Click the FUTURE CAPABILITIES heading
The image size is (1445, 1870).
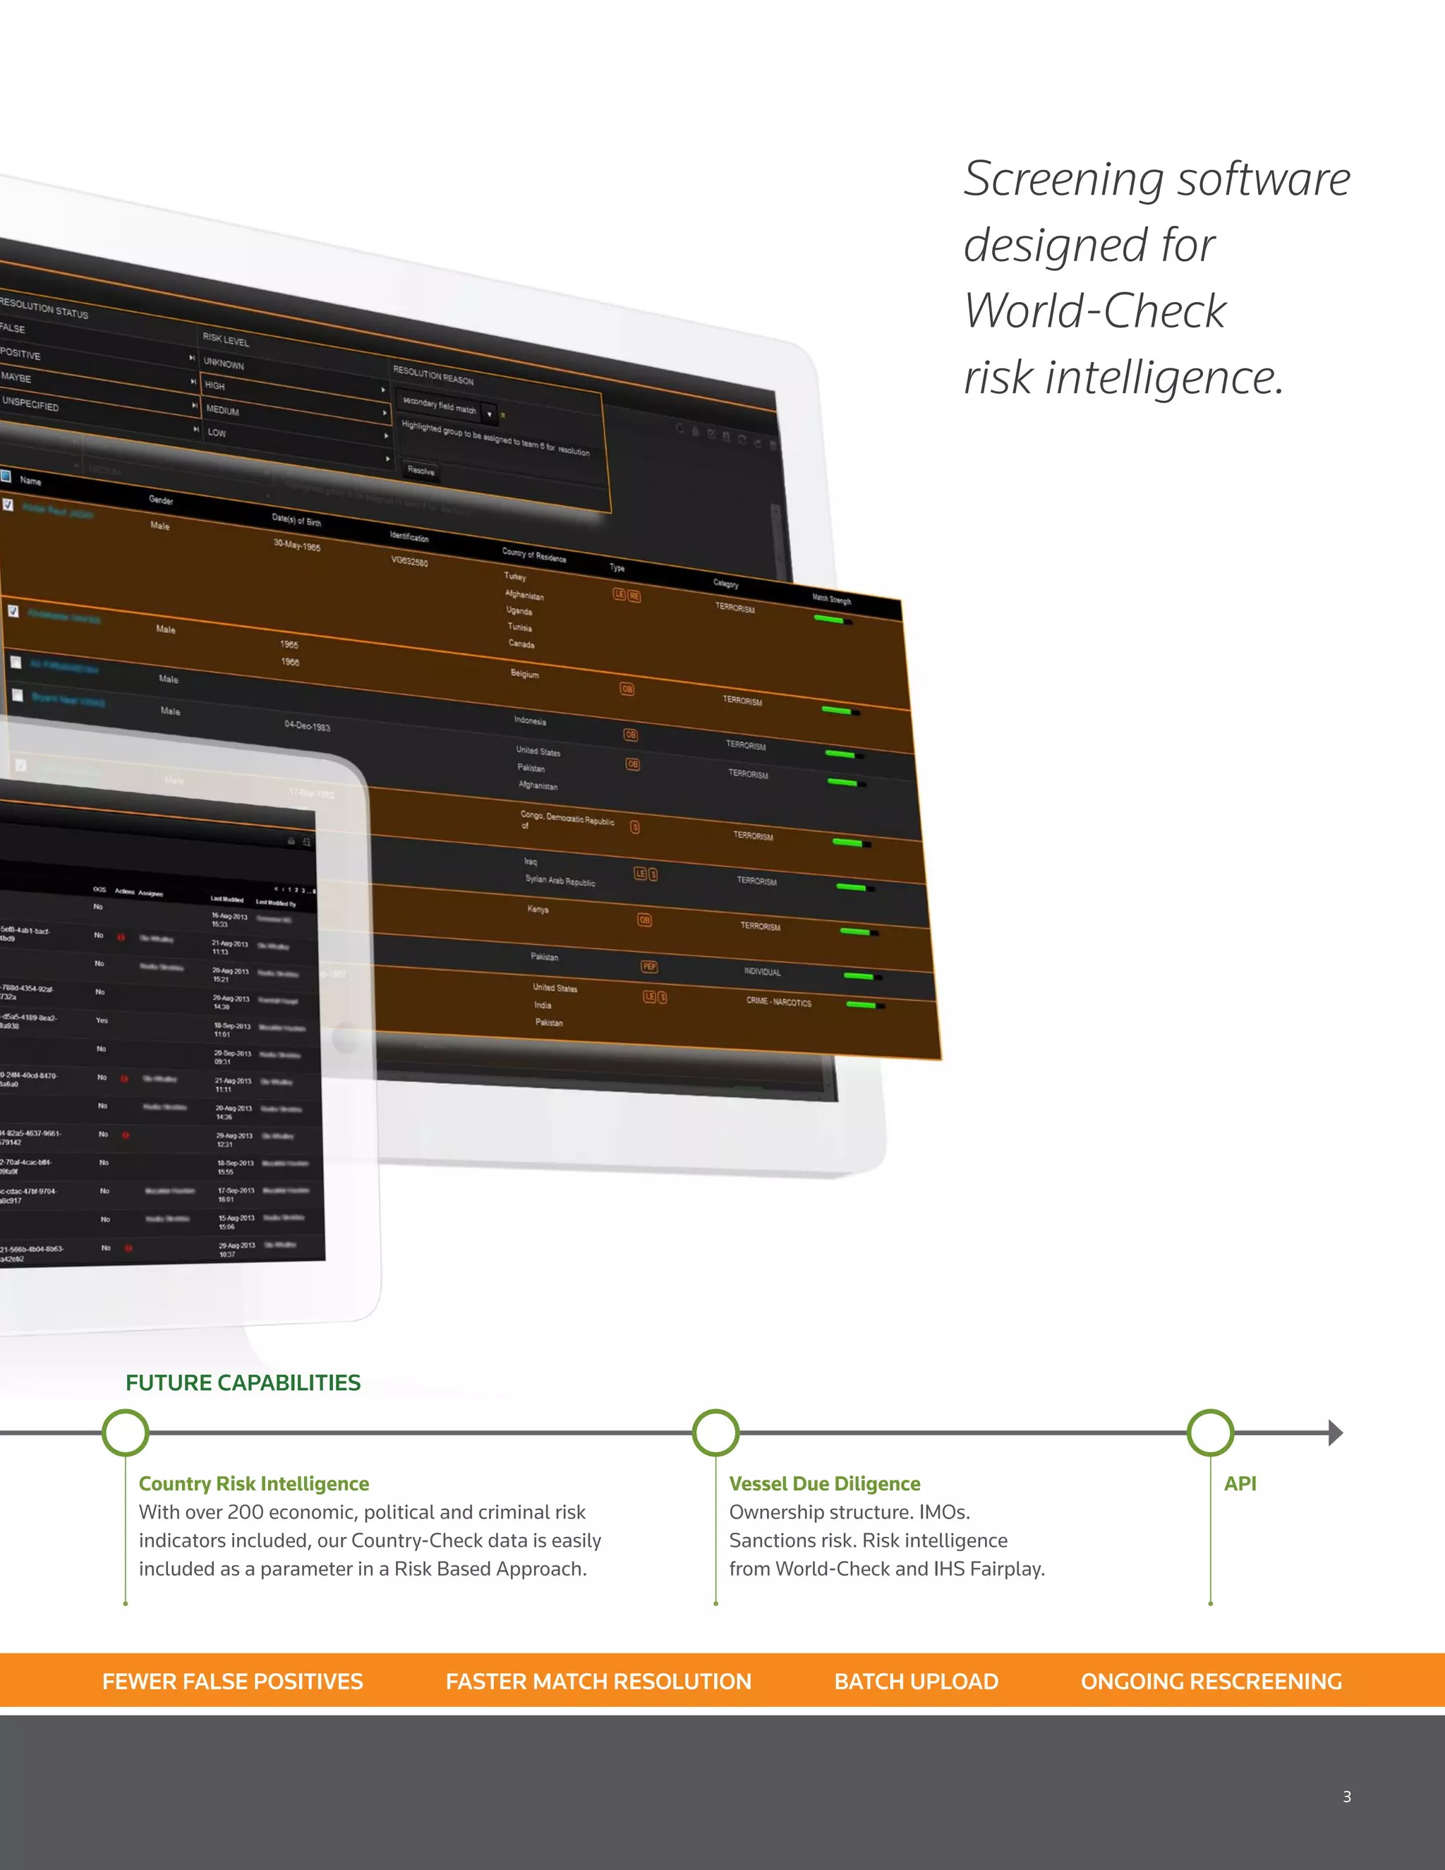(243, 1383)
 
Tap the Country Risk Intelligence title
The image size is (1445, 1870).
(254, 1484)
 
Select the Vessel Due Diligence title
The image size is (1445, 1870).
(824, 1484)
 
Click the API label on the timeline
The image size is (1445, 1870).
(1240, 1484)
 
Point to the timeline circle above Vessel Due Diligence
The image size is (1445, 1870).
(715, 1432)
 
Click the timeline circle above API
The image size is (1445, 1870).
(1211, 1432)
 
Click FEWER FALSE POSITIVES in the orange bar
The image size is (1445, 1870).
(233, 1682)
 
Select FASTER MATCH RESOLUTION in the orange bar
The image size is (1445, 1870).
(598, 1682)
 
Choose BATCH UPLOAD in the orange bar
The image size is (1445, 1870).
(916, 1682)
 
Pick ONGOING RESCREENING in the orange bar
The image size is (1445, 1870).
(1211, 1682)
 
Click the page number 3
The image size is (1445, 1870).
(1346, 1797)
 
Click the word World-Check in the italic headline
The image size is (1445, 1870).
(1095, 310)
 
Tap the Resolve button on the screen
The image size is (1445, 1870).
(421, 471)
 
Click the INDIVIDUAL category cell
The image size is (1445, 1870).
(762, 972)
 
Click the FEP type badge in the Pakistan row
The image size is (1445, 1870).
(649, 967)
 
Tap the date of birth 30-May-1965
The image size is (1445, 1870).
(296, 545)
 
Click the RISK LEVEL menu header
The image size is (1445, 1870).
(226, 340)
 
